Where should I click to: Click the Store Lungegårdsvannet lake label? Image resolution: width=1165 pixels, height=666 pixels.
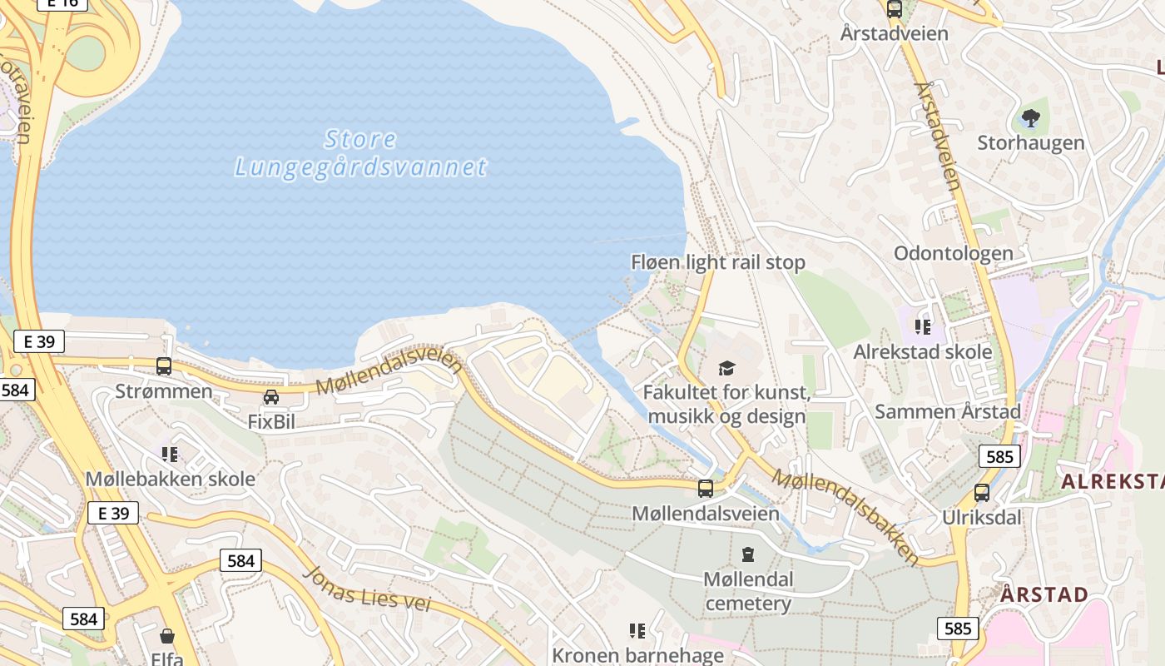coord(360,153)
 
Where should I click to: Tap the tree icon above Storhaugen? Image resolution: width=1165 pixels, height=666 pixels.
coord(1030,118)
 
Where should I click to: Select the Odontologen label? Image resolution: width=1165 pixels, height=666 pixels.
coord(953,253)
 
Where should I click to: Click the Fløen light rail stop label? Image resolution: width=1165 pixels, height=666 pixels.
coord(718,263)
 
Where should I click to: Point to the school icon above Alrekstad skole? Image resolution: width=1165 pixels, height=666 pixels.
coord(922,326)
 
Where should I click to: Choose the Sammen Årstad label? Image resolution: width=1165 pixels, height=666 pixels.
coord(947,411)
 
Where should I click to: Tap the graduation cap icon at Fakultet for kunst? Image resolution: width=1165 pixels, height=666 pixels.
coord(726,367)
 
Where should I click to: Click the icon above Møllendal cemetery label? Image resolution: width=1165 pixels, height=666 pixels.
coord(747,554)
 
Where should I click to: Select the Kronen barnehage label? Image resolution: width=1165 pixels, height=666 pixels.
coord(637,655)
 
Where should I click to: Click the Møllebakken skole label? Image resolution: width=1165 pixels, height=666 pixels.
coord(171,480)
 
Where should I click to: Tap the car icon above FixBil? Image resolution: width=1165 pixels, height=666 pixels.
coord(271,397)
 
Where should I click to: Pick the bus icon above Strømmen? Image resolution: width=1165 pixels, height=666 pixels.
coord(164,365)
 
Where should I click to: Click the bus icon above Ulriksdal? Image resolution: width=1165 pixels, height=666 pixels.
coord(982,492)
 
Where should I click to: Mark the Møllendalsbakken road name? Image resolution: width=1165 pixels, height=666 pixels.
coord(845,517)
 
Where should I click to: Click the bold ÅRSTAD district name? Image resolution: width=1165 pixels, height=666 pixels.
coord(1044,594)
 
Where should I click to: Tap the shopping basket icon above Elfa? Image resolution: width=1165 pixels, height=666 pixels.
coord(167,637)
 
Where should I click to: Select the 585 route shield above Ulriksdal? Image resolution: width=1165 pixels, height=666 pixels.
coord(999,456)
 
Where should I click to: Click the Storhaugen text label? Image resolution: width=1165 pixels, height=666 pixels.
coord(1030,143)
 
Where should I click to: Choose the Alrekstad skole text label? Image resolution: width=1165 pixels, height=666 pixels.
coord(922,351)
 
